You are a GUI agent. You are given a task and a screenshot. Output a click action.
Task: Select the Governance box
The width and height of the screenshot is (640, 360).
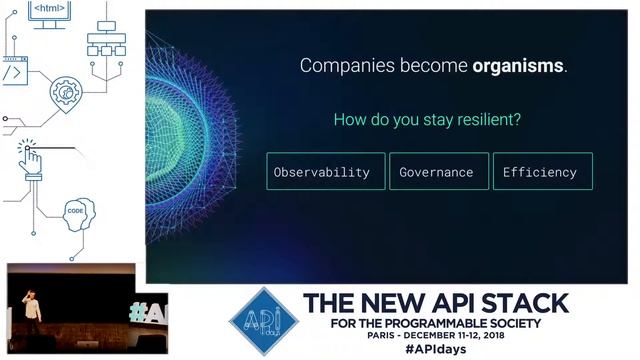click(438, 172)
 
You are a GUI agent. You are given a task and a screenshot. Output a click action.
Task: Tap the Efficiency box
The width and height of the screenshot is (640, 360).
click(542, 172)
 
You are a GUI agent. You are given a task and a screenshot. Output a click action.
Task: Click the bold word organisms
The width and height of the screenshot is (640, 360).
click(518, 67)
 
